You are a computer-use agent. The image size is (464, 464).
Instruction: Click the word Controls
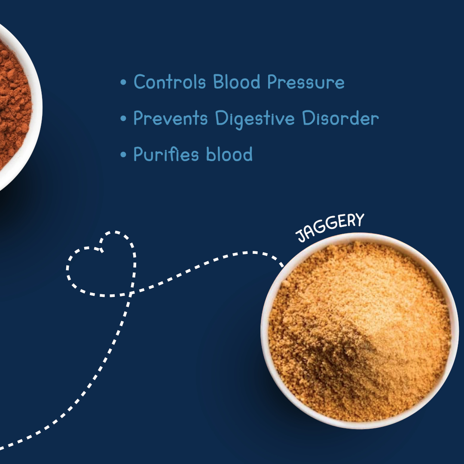tap(170, 82)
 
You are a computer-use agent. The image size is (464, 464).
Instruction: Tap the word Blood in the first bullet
tap(237, 82)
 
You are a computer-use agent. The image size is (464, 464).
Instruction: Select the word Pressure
tap(306, 82)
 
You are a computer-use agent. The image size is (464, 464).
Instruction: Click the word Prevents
tap(171, 118)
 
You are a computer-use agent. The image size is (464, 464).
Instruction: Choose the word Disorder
tap(341, 118)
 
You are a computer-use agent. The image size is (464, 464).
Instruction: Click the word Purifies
tap(166, 154)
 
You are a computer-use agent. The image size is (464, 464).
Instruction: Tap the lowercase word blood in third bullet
tap(229, 154)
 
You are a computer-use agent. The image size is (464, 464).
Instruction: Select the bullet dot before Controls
tap(123, 82)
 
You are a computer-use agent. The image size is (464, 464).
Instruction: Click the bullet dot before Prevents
tap(123, 119)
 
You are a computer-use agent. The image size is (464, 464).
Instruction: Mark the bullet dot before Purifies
tap(123, 155)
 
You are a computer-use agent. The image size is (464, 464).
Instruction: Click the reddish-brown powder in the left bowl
tap(13, 107)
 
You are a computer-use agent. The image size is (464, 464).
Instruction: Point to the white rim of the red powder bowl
tap(37, 107)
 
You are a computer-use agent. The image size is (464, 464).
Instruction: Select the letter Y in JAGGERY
tap(359, 220)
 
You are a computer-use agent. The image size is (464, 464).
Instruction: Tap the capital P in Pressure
tap(272, 82)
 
